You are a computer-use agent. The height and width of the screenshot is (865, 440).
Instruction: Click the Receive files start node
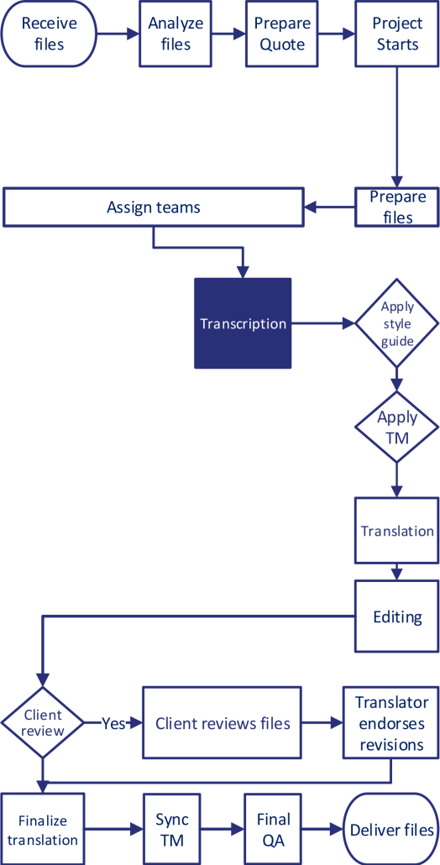49,34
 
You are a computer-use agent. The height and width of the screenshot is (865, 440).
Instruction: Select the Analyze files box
175,34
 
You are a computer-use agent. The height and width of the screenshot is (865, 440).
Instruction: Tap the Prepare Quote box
282,34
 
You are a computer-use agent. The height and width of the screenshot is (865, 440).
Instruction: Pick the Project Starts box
396,34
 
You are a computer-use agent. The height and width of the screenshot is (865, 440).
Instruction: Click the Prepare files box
398,207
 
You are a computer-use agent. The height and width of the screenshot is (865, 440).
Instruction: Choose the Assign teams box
154,207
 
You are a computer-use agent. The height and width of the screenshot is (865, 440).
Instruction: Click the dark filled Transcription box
243,323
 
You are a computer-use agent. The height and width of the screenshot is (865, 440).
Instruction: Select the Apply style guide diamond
397,324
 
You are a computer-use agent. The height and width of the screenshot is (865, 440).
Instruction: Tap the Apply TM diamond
397,426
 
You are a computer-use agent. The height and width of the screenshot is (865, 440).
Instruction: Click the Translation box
397,531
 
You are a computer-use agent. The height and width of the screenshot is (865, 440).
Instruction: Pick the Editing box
397,616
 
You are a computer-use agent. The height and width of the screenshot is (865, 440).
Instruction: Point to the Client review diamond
43,722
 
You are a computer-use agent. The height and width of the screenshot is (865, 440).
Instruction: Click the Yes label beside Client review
113,722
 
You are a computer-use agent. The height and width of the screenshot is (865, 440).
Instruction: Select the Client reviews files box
223,722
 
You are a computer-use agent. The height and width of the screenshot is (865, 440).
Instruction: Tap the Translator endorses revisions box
391,723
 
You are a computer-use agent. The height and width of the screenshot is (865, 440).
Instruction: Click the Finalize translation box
42,830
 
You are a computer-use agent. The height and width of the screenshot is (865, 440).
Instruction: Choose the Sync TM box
172,829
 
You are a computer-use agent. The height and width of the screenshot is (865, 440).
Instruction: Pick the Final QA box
273,829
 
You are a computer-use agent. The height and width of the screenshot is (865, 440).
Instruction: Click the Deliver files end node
391,830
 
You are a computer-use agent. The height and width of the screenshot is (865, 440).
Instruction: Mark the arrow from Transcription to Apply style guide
323,323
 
